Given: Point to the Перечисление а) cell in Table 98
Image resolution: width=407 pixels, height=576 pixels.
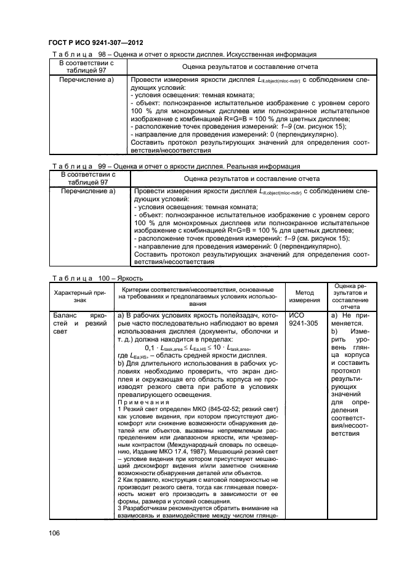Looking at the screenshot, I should tap(86, 80).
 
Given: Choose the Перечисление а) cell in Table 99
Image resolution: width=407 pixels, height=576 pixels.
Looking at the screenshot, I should tap(86, 191).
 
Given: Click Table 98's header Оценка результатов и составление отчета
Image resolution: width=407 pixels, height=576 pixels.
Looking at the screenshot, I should tap(250, 66).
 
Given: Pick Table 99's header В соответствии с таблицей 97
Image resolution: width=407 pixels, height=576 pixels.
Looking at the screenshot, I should tap(86, 178).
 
